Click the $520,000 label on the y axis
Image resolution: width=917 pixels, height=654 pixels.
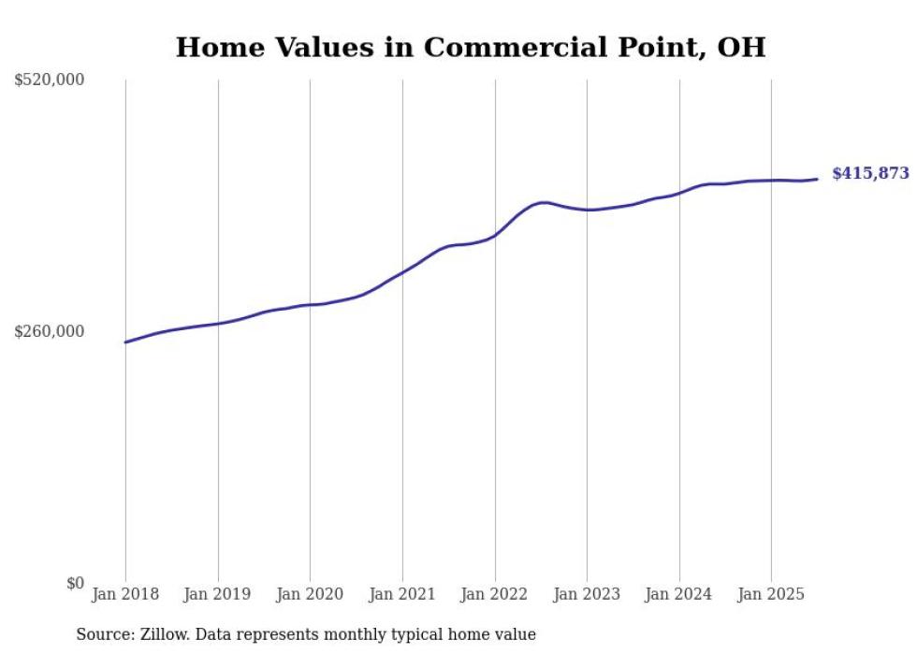pyautogui.click(x=50, y=80)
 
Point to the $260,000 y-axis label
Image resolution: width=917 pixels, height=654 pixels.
pyautogui.click(x=50, y=331)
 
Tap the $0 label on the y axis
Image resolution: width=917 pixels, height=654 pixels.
pyautogui.click(x=75, y=583)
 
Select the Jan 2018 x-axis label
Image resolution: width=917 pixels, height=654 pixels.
pyautogui.click(x=125, y=594)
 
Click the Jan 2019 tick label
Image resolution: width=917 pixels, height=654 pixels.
pyautogui.click(x=218, y=594)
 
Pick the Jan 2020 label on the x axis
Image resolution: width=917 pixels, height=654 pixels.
pyautogui.click(x=310, y=594)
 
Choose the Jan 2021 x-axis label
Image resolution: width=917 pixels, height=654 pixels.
pyautogui.click(x=402, y=594)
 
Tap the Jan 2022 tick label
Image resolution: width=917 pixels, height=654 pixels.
pyautogui.click(x=495, y=594)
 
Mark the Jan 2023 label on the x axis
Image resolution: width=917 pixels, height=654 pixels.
pyautogui.click(x=587, y=594)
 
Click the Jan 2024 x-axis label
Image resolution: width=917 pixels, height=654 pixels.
pyautogui.click(x=679, y=594)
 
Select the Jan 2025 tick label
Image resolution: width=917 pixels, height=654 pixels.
pyautogui.click(x=771, y=594)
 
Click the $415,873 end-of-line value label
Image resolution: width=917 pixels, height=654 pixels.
pyautogui.click(x=870, y=173)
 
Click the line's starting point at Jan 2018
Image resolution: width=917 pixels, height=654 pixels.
pyautogui.click(x=125, y=342)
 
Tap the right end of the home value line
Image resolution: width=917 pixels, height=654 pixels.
pyautogui.click(x=817, y=179)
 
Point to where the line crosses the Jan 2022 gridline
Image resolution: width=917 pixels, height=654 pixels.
pyautogui.click(x=495, y=236)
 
